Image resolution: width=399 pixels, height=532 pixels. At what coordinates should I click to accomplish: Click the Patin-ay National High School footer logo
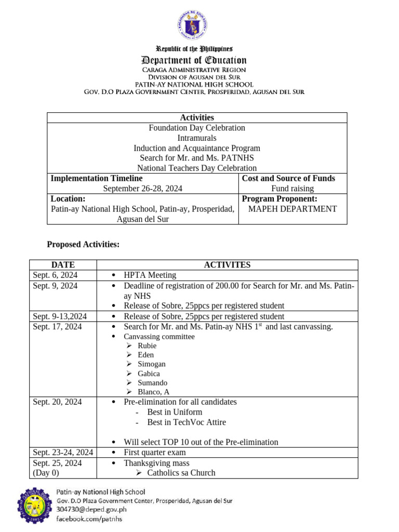coord(35,505)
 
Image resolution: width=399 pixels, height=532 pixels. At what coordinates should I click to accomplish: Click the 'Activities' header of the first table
coord(197,118)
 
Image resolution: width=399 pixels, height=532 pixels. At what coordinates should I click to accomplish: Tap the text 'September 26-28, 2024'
coord(142,189)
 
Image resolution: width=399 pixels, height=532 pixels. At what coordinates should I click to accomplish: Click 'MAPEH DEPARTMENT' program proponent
coord(292,209)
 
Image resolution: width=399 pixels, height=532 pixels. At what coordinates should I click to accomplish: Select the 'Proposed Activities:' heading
coord(83,244)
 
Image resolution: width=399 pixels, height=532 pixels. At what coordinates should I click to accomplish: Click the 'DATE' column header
coord(63,265)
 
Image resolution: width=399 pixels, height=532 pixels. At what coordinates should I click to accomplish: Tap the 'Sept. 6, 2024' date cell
coord(56,275)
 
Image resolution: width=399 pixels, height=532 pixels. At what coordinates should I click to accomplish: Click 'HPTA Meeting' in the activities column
coord(150,275)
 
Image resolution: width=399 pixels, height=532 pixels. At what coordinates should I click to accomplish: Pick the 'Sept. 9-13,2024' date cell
coord(60,316)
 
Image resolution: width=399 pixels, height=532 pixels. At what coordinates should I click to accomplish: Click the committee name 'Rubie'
coord(147,346)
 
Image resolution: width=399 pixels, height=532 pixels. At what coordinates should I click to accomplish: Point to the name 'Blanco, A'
coord(153,392)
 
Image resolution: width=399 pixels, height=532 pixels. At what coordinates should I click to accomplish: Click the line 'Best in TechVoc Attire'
coord(187,422)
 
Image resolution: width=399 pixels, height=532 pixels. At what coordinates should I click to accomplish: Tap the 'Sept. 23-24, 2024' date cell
coord(63,453)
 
